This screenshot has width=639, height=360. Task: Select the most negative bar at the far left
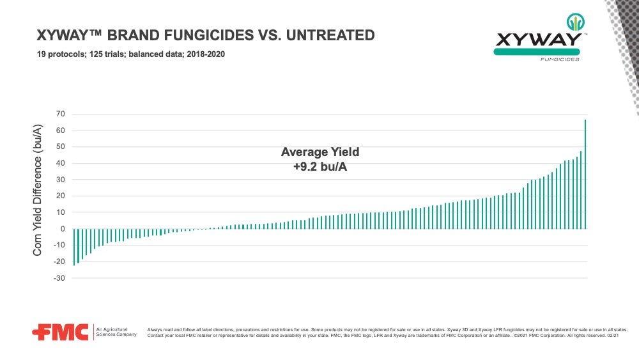(x=74, y=246)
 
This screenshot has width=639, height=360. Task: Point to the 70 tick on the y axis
(x=61, y=114)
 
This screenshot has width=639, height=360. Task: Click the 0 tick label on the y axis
(x=63, y=229)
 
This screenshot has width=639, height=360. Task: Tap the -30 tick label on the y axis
(x=59, y=278)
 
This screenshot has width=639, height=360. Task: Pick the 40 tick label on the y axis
(x=61, y=163)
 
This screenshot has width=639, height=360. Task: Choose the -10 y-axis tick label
(x=59, y=246)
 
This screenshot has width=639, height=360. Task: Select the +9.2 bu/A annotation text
(x=320, y=166)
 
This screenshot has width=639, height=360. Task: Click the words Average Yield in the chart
(x=320, y=152)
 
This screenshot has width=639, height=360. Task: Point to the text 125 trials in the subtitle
(x=104, y=54)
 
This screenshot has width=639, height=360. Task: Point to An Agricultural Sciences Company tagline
(x=116, y=331)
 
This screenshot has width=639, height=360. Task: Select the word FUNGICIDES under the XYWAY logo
(x=560, y=59)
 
